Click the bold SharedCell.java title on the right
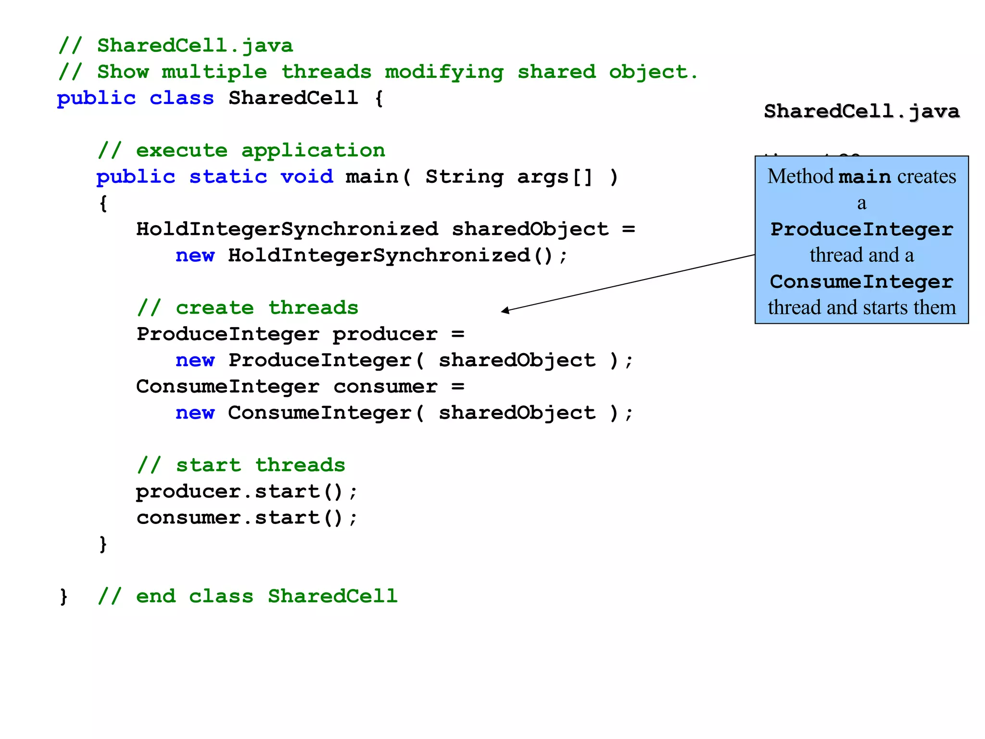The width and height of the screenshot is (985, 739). tap(861, 112)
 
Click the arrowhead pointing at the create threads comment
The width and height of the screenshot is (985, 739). tap(505, 311)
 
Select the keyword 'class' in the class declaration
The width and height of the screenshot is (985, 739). tap(181, 99)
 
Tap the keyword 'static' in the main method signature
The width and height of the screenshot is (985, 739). tap(228, 177)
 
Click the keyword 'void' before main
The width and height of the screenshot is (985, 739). tap(306, 177)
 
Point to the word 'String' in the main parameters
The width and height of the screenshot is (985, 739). tap(464, 177)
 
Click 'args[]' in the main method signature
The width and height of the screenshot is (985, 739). tap(555, 177)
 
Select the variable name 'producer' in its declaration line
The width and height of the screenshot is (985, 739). tap(385, 334)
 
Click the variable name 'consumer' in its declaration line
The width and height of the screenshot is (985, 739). tap(385, 387)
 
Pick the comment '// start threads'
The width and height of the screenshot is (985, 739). tap(241, 465)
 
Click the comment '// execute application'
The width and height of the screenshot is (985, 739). tap(241, 151)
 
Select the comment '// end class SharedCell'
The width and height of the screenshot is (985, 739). tap(247, 597)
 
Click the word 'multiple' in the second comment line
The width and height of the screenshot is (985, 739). tap(214, 72)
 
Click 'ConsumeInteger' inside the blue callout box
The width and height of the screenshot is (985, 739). tap(861, 282)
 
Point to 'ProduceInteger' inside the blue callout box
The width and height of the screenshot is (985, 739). tap(861, 229)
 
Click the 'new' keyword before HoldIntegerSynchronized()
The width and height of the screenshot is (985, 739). tap(195, 255)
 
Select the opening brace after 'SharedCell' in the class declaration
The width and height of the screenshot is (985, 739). tap(379, 99)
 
